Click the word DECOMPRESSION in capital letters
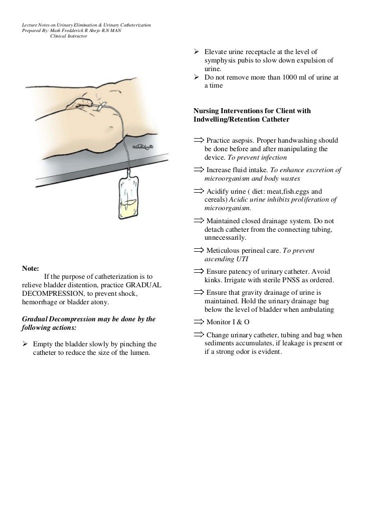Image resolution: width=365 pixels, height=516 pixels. [x=54, y=294]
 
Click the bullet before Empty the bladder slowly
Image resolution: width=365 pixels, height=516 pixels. [x=25, y=344]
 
